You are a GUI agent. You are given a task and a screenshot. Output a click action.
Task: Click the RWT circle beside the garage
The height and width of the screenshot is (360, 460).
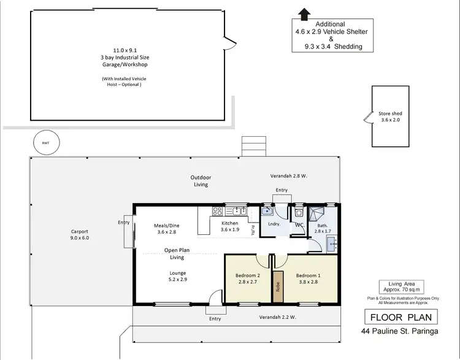[x=46, y=142]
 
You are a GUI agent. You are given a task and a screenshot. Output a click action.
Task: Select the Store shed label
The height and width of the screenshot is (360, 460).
[x=389, y=117]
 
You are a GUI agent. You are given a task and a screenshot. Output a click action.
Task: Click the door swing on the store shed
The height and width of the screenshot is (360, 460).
[x=367, y=117]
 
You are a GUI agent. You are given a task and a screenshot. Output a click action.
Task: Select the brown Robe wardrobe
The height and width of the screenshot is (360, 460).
[x=278, y=285]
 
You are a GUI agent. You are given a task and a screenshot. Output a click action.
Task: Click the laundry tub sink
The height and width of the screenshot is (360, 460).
[x=267, y=212]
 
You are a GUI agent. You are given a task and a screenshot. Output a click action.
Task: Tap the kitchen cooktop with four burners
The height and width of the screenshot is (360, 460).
[x=218, y=212]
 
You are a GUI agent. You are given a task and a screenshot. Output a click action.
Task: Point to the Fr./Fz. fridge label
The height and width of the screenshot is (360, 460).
[x=252, y=229]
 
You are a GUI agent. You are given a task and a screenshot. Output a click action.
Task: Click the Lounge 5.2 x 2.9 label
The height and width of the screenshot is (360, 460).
[x=178, y=276]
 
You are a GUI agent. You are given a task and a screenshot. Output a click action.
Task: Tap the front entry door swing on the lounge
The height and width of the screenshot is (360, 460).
[x=214, y=298]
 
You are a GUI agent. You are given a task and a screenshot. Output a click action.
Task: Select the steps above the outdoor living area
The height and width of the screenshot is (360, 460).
[x=253, y=146]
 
